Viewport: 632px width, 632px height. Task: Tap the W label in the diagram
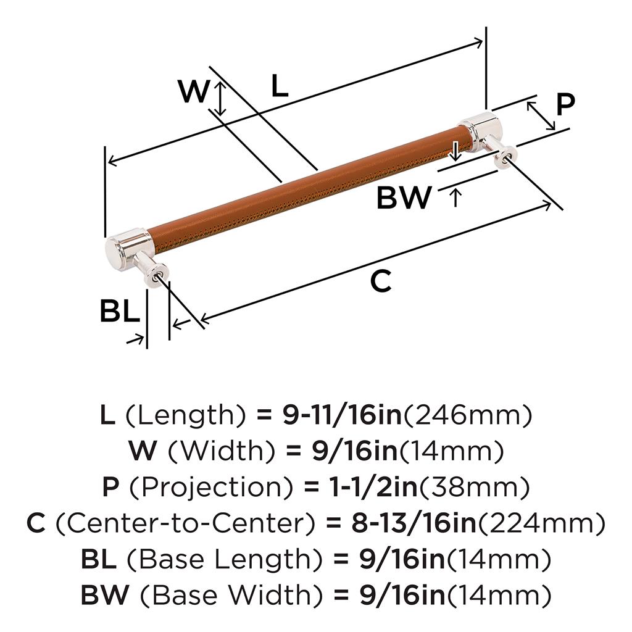[x=194, y=93]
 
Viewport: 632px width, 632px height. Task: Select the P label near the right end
[x=565, y=105]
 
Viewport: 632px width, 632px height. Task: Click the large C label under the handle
[x=381, y=281]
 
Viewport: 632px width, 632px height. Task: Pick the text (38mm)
[x=475, y=488]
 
